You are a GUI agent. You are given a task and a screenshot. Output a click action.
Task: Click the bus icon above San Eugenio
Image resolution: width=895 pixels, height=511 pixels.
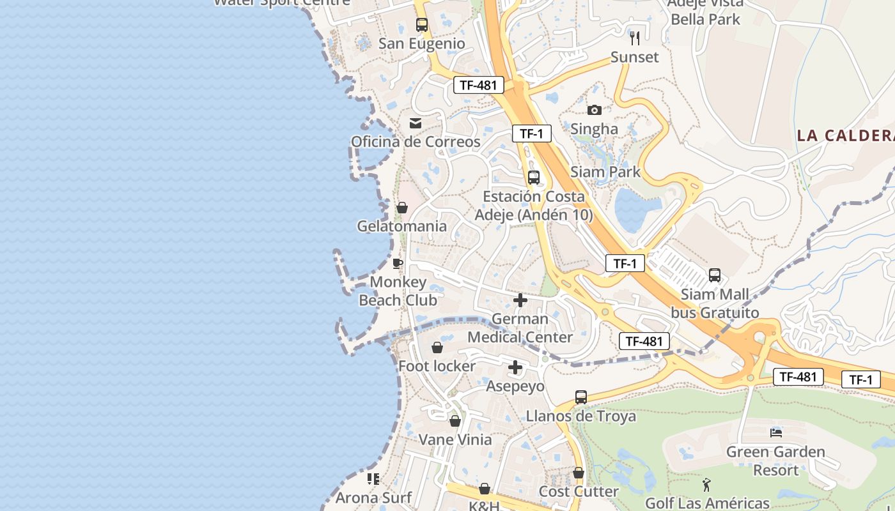(422, 25)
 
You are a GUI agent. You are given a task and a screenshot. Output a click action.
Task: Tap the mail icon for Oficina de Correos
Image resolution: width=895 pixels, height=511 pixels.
(416, 123)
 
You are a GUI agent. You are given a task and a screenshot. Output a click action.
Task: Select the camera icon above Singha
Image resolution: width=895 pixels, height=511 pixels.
(595, 110)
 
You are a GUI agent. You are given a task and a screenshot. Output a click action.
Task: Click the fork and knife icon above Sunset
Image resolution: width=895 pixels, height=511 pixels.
(635, 38)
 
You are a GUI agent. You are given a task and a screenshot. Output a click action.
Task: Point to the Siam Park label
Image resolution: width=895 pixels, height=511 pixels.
(605, 171)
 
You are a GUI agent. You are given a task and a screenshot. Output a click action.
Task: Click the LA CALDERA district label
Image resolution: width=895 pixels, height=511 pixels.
(845, 135)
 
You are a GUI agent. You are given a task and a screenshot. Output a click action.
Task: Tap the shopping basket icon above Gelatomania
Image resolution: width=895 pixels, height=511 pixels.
(402, 208)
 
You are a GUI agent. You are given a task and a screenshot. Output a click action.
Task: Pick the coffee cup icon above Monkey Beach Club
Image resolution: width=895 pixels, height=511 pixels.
(398, 263)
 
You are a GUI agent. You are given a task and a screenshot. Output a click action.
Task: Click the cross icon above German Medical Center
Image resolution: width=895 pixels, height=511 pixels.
(520, 300)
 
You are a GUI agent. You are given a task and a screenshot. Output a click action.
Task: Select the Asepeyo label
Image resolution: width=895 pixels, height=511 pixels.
(515, 386)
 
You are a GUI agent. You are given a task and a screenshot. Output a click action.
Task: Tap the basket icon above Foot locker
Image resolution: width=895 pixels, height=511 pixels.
(437, 347)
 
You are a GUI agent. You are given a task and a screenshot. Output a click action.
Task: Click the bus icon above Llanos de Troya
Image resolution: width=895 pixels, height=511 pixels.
(581, 397)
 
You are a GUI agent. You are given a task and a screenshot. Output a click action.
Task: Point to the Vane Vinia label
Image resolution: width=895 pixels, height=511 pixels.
(455, 439)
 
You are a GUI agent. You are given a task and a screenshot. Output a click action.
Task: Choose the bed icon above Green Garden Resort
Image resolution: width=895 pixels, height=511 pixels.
(776, 432)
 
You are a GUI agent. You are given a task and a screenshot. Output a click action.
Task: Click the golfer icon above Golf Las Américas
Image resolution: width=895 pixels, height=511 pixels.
(706, 485)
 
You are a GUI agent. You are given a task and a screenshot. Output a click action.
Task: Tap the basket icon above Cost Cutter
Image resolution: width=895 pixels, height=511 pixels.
(579, 473)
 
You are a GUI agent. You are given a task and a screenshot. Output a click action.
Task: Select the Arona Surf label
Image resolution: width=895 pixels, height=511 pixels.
(373, 497)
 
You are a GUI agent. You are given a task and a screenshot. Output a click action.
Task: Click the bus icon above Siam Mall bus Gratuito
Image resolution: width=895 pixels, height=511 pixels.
(715, 275)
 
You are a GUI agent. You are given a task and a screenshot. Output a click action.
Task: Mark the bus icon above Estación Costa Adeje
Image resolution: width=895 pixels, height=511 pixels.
(534, 178)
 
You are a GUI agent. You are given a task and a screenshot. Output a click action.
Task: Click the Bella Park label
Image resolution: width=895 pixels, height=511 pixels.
(705, 19)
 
